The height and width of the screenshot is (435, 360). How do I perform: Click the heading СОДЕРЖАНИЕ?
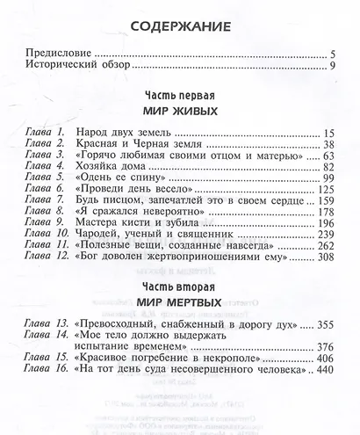pos(179,27)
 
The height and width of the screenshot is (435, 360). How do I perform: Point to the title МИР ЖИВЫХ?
pos(179,113)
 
